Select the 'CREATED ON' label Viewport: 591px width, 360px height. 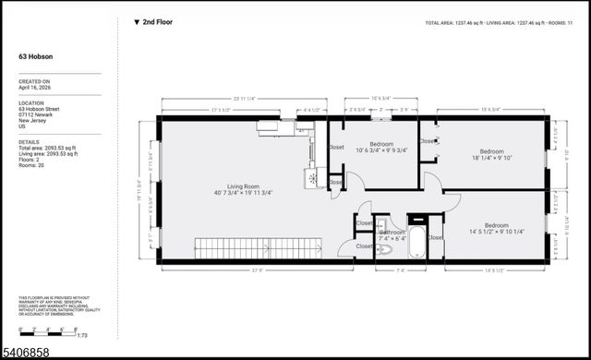[33, 81]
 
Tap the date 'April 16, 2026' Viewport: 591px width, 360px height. [35, 88]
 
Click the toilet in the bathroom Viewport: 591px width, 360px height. [384, 248]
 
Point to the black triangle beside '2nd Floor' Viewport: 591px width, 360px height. [138, 21]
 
